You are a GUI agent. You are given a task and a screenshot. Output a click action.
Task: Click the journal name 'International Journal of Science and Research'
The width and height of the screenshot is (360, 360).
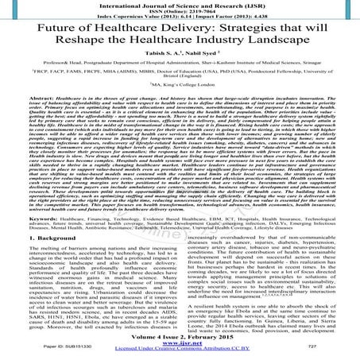(x=180, y=4)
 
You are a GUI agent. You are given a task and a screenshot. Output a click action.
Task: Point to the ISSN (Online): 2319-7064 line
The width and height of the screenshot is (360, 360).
(x=180, y=10)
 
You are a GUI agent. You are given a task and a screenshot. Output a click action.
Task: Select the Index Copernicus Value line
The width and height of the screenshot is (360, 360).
(x=180, y=17)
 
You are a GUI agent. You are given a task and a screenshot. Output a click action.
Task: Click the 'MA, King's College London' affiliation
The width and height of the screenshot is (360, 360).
(x=180, y=103)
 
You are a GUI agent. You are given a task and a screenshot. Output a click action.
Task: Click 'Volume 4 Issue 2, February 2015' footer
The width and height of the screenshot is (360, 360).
(x=180, y=338)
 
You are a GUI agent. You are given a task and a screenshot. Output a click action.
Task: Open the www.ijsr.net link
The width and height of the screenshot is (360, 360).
(x=180, y=345)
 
